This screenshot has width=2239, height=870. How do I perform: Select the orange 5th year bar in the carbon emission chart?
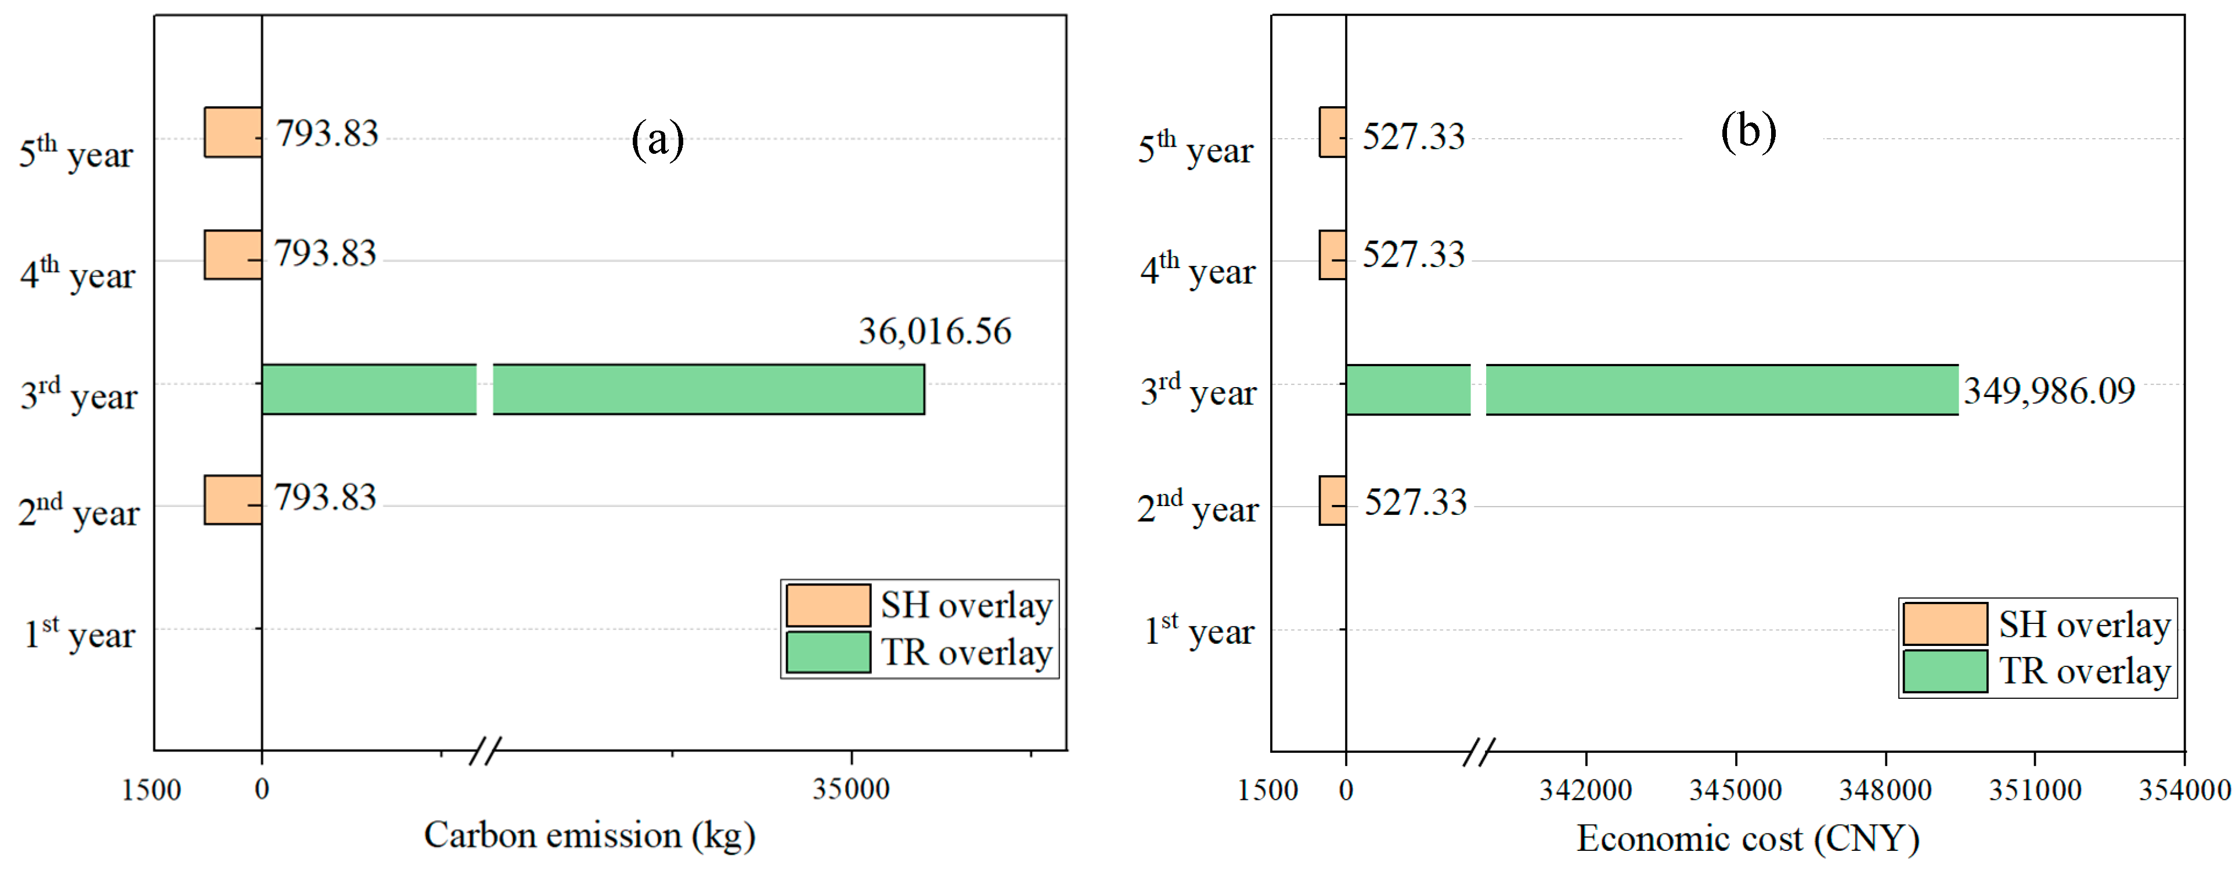coord(232,132)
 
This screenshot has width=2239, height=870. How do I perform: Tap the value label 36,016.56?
coord(935,331)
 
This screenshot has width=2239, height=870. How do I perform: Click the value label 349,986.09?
coord(2049,391)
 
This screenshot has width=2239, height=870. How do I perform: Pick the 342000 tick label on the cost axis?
coord(1585,790)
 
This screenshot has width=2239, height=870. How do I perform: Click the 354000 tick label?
coord(2183,790)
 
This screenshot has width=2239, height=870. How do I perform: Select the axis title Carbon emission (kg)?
coord(589,835)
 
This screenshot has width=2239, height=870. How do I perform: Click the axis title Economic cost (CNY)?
coord(1748,838)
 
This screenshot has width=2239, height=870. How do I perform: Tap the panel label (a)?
coord(657,139)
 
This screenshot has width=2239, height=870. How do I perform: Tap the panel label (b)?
coord(1748,132)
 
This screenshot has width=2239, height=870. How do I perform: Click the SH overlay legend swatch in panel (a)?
coord(827,605)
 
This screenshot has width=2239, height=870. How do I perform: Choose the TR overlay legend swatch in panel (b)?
coord(1944,671)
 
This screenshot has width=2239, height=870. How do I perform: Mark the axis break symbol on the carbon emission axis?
coord(485,751)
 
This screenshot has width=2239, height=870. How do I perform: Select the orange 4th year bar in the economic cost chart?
coord(1332,255)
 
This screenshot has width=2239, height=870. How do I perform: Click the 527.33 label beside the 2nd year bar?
coord(1415,503)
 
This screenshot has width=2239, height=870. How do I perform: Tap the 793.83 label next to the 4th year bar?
coord(325,254)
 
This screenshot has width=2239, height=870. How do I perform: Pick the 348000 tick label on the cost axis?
coord(1884,790)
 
